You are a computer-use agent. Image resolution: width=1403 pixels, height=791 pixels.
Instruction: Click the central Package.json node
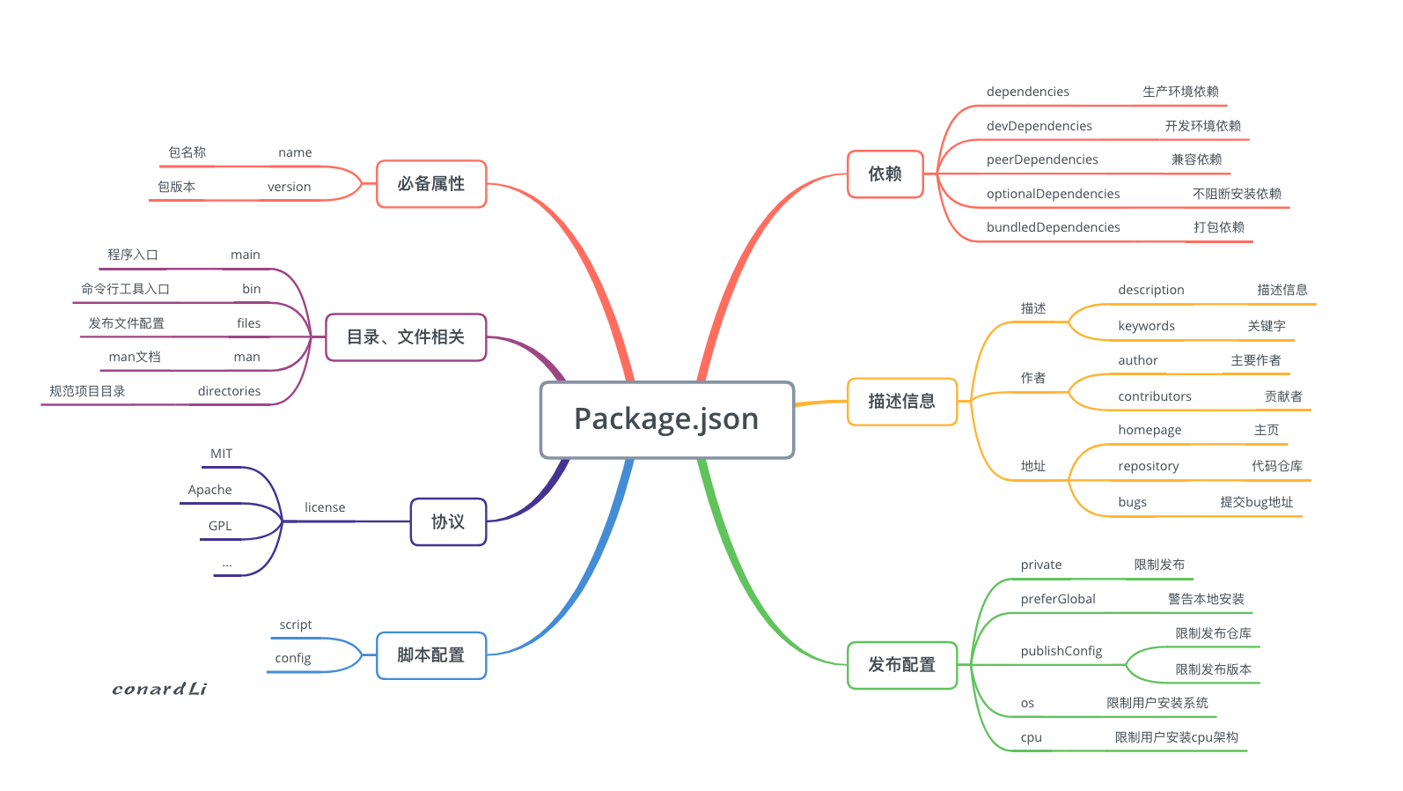(x=666, y=419)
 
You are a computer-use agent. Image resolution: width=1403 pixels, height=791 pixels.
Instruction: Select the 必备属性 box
(x=431, y=183)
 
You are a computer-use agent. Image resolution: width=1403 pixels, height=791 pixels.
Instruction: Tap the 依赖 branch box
(x=885, y=174)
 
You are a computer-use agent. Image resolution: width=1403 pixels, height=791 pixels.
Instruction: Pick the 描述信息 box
(x=901, y=401)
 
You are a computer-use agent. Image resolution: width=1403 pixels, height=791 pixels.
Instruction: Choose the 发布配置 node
(x=901, y=664)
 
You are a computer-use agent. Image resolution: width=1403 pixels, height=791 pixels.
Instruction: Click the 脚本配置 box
(x=431, y=654)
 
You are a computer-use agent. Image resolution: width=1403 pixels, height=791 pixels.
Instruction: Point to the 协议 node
(x=448, y=521)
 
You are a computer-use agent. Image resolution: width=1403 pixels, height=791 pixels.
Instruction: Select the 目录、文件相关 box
(x=406, y=336)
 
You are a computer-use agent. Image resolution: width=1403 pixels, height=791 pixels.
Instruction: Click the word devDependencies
(x=1039, y=126)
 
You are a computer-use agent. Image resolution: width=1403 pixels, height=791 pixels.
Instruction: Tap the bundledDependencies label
(x=1053, y=227)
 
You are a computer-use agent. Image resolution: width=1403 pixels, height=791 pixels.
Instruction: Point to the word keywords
(x=1146, y=326)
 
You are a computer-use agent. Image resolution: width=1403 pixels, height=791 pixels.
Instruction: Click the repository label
(x=1148, y=466)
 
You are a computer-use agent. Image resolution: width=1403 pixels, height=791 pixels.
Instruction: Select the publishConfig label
(x=1061, y=651)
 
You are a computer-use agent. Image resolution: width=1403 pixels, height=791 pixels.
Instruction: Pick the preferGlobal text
(x=1057, y=599)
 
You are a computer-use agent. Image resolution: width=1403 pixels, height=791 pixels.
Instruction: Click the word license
(x=325, y=507)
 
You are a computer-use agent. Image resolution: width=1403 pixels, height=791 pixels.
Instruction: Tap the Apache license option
(x=209, y=490)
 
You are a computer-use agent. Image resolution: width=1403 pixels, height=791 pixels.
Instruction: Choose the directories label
(x=229, y=391)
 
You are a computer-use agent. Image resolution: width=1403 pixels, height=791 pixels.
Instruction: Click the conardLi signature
(x=159, y=689)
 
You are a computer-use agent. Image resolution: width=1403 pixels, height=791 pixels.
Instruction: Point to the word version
(x=289, y=187)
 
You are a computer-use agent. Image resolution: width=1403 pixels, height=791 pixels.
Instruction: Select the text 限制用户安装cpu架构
(x=1176, y=737)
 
